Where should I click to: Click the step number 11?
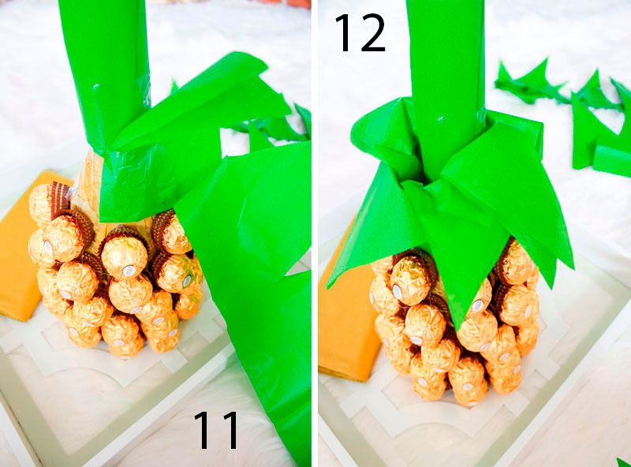tap(216, 430)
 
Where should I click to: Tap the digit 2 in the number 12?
tap(373, 32)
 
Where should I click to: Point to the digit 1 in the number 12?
tap(345, 32)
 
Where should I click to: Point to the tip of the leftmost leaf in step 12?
tap(328, 287)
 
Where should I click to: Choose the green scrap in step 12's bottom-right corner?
tap(624, 462)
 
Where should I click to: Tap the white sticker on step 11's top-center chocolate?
tap(128, 268)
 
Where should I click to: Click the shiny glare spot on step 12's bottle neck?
tap(441, 119)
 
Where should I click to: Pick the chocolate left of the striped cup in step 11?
tap(39, 204)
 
